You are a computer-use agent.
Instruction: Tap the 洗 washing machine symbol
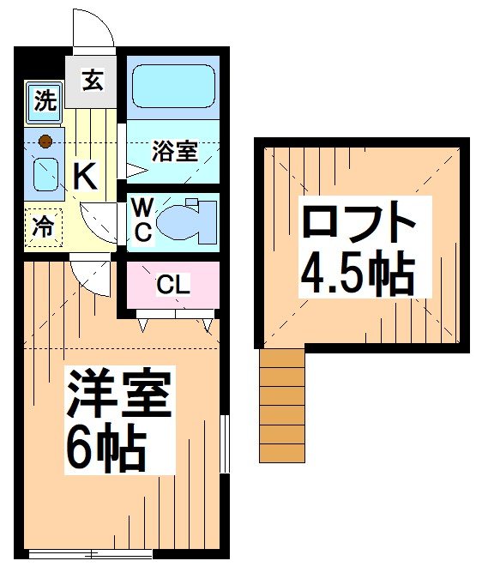tap(44, 100)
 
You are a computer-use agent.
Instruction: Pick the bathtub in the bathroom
tap(173, 87)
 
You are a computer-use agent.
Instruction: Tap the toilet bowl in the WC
tap(182, 218)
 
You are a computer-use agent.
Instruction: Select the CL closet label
tap(172, 285)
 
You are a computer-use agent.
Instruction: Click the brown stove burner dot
tap(45, 140)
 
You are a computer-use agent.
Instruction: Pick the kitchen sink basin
tap(45, 176)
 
